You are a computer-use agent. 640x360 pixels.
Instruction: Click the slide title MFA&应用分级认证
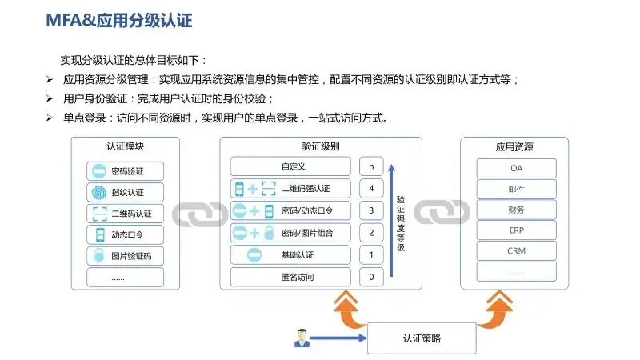[x=119, y=19]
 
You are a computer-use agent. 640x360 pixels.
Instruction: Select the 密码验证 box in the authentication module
[x=125, y=171]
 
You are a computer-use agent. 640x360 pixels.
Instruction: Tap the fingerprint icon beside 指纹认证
[x=99, y=192]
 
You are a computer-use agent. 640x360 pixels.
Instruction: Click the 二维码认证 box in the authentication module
[x=125, y=214]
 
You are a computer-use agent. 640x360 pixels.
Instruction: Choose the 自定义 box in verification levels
[x=290, y=166]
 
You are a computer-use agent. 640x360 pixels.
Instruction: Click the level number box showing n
[x=370, y=166]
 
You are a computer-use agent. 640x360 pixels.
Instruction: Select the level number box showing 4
[x=370, y=189]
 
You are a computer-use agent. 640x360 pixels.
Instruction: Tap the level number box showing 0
[x=370, y=277]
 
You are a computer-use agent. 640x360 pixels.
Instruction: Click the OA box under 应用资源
[x=516, y=169]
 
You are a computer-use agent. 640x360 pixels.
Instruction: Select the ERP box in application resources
[x=516, y=230]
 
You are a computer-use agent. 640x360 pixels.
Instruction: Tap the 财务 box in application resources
[x=516, y=210]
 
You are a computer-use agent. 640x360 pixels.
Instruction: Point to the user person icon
[x=302, y=338]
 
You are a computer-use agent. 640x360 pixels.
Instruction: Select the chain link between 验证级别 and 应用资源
[x=442, y=214]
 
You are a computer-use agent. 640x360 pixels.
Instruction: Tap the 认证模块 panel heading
[x=125, y=147]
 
